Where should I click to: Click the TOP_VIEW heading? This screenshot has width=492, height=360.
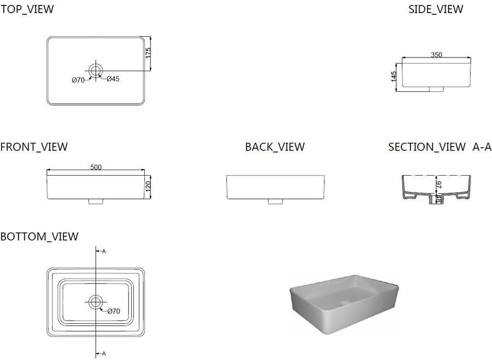[x=27, y=9]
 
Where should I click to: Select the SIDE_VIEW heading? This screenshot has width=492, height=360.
[x=436, y=9]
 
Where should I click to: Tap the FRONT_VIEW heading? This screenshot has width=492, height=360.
[x=34, y=147]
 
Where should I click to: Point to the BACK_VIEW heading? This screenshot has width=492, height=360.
[x=275, y=147]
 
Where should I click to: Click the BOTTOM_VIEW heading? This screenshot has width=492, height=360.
[x=39, y=236]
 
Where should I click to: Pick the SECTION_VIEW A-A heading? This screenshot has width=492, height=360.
[x=440, y=147]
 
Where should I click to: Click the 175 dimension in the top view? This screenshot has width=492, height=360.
[x=148, y=53]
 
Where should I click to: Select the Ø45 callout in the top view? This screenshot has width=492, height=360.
[x=113, y=79]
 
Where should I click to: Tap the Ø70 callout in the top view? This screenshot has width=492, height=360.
[x=78, y=80]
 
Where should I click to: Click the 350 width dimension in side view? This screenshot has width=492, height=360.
[x=436, y=55]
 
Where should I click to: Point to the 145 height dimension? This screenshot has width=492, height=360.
[x=394, y=77]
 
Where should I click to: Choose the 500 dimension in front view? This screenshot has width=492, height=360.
[x=96, y=167]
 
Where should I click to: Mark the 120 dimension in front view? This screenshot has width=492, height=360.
[x=148, y=185]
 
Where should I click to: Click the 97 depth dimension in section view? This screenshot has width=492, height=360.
[x=439, y=184]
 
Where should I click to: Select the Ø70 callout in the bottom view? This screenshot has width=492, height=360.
[x=114, y=311]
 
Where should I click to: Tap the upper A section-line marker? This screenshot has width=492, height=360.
[x=104, y=251]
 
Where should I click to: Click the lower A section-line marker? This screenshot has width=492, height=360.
[x=104, y=354]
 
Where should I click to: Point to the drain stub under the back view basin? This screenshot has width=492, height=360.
[x=276, y=201]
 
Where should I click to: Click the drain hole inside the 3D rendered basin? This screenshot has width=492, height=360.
[x=344, y=303]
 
